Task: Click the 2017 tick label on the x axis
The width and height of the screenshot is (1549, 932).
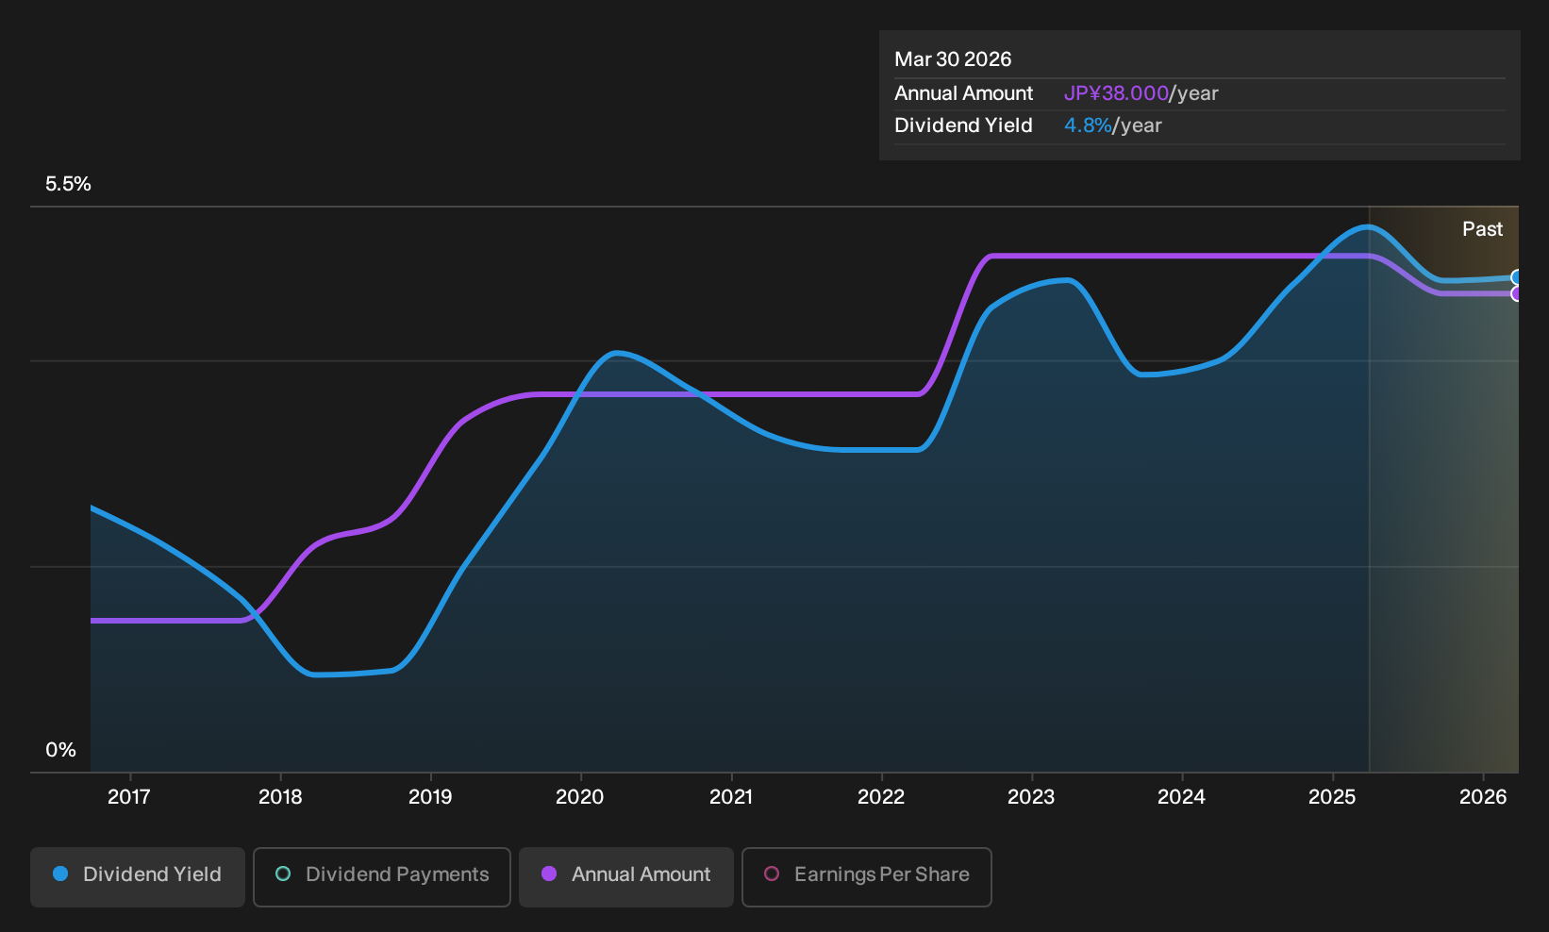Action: [x=129, y=797]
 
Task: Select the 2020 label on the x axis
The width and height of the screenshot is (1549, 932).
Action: [x=580, y=797]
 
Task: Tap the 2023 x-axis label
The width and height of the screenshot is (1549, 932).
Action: [x=1031, y=797]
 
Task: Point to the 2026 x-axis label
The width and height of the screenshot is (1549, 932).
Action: [x=1483, y=797]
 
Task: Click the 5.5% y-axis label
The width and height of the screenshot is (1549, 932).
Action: [x=68, y=184]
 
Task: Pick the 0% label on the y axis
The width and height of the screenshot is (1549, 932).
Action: [x=61, y=750]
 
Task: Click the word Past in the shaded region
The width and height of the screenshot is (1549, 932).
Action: [x=1483, y=229]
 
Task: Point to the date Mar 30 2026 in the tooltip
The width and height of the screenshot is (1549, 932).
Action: [x=953, y=59]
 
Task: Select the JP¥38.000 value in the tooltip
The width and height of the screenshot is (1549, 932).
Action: [x=1116, y=93]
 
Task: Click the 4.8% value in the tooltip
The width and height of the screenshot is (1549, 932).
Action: [x=1088, y=125]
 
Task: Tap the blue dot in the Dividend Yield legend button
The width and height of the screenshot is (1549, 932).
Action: [x=61, y=874]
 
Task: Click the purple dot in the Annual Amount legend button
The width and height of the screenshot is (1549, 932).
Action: [x=549, y=874]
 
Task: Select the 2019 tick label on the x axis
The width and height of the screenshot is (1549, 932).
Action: [x=430, y=797]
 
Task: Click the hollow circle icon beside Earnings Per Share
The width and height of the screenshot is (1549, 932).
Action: [x=772, y=874]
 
